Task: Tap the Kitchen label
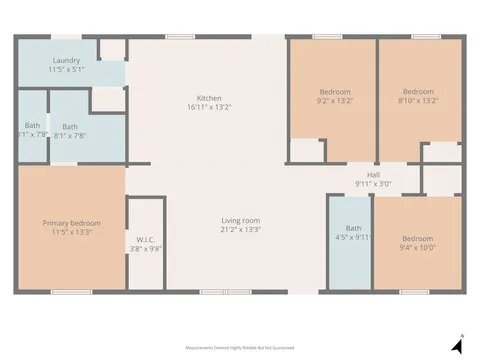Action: pos(209,97)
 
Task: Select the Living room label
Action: pos(241,220)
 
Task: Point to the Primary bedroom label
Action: pos(71,223)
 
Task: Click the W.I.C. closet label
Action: pos(145,239)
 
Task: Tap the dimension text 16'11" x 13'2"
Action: pos(209,107)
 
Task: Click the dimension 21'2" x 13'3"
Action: pos(241,230)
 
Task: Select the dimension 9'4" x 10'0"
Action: pos(417,248)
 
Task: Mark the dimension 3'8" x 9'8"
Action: pos(145,249)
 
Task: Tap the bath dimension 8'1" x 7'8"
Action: pos(70,137)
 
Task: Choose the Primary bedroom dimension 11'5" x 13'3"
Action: pos(71,233)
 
